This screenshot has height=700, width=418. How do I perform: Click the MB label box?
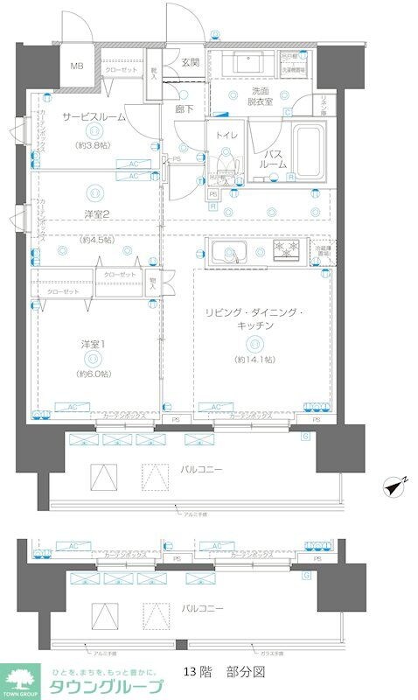[78, 66]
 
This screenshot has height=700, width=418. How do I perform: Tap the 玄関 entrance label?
[190, 62]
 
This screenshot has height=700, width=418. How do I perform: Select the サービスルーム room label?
[93, 116]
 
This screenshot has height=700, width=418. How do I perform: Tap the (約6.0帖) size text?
[93, 374]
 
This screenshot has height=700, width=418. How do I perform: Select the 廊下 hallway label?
[185, 109]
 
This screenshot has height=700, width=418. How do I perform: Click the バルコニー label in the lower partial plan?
[202, 607]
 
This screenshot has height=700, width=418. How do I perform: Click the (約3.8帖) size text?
[93, 147]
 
